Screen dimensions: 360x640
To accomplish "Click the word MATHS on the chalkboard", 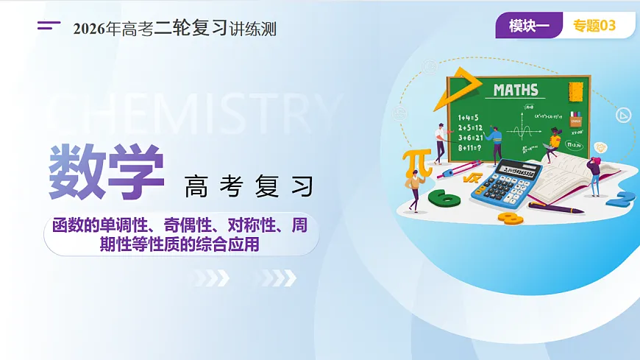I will click(x=516, y=91).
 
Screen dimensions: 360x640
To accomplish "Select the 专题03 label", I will click(x=594, y=27).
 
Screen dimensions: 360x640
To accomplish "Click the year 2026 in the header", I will click(x=89, y=29).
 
